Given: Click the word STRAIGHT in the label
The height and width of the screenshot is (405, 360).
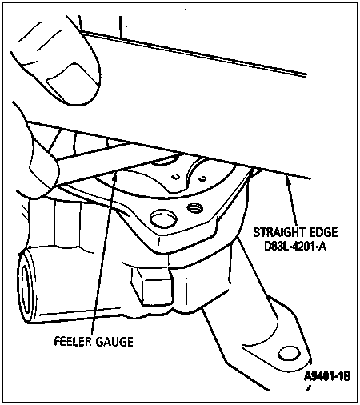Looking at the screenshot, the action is tap(279, 232).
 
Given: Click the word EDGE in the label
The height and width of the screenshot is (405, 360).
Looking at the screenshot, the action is tap(323, 232).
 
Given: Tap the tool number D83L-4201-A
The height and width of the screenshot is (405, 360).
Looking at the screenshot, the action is tap(295, 247).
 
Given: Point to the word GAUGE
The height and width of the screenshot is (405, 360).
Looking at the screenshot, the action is tap(114, 342).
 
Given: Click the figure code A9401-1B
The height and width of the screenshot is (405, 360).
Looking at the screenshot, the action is tap(327, 376).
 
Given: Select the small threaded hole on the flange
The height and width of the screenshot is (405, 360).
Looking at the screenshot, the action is tap(195, 207).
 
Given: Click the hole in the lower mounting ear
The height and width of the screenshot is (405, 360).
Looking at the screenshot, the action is tap(290, 354).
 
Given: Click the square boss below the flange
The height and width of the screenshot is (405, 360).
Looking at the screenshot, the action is tap(151, 286).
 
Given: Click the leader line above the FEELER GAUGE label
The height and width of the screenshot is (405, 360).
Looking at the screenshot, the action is tap(103, 253).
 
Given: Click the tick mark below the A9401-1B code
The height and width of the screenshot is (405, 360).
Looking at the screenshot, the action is tap(309, 387).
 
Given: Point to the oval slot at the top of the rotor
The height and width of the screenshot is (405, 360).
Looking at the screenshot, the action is tap(166, 161).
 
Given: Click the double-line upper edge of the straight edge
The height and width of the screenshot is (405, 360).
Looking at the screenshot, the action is tap(194, 54).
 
